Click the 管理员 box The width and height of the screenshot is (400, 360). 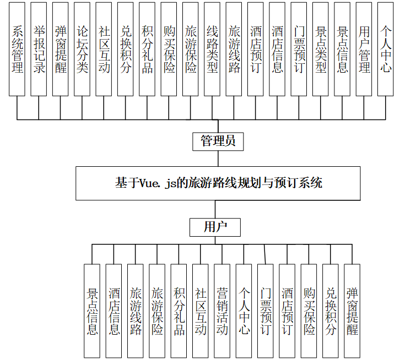pyautogui.click(x=218, y=141)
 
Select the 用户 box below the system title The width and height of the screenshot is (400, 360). pyautogui.click(x=214, y=227)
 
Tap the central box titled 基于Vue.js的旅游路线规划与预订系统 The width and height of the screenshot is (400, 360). pyautogui.click(x=218, y=183)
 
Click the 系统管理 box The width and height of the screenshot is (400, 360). pyautogui.click(x=18, y=49)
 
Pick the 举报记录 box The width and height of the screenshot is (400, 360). pyautogui.click(x=39, y=49)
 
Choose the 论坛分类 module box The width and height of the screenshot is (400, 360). pyautogui.click(x=83, y=49)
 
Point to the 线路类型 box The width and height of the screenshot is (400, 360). pyautogui.click(x=213, y=49)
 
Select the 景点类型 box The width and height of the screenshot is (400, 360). pyautogui.click(x=321, y=49)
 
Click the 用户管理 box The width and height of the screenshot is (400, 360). pyautogui.click(x=364, y=49)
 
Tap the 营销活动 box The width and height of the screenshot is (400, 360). pyautogui.click(x=222, y=310)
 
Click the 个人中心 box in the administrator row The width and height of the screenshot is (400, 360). pyautogui.click(x=386, y=49)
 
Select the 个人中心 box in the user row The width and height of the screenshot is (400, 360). pyautogui.click(x=244, y=310)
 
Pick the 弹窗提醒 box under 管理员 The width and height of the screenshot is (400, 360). pyautogui.click(x=61, y=49)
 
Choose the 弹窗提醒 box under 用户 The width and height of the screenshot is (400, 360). pyautogui.click(x=352, y=310)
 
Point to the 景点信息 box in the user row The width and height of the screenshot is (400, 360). pyautogui.click(x=92, y=310)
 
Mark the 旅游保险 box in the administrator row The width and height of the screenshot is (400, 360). pyautogui.click(x=191, y=49)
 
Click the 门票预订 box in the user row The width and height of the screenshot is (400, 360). pyautogui.click(x=266, y=310)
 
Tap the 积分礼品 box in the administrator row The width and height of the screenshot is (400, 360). pyautogui.click(x=147, y=49)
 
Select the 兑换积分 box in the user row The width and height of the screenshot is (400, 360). pyautogui.click(x=331, y=310)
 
